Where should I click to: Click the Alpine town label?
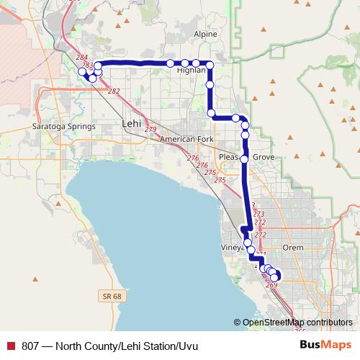(x=205, y=34)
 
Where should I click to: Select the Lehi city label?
(x=132, y=123)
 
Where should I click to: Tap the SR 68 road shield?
(x=108, y=295)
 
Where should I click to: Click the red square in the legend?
(x=11, y=346)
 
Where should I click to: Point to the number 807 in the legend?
(x=30, y=346)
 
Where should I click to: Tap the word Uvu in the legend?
(x=186, y=346)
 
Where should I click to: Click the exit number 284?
(x=81, y=57)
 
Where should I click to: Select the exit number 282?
(x=113, y=91)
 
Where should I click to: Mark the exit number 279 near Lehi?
(x=150, y=129)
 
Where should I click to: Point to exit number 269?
(x=271, y=285)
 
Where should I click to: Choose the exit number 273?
(x=259, y=214)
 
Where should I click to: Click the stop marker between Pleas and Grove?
(x=244, y=158)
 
